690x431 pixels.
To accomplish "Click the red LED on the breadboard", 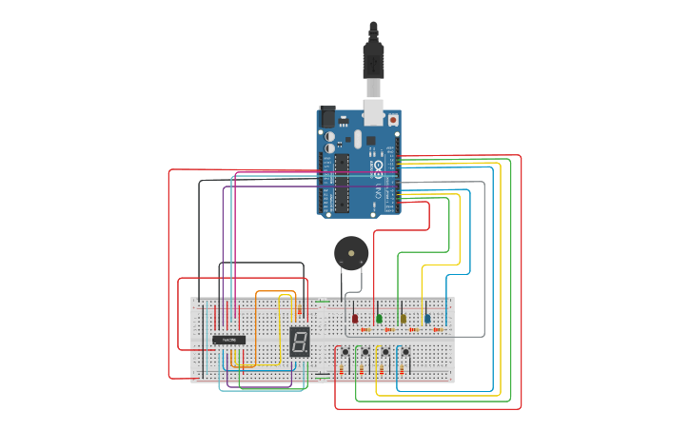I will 355,319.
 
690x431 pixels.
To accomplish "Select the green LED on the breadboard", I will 379,319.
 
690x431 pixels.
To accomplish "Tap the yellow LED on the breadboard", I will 403,319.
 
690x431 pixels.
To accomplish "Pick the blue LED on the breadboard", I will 426,319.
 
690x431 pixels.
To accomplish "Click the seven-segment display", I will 300,342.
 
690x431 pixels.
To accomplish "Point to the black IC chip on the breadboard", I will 228,340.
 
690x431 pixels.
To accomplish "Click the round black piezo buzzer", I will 348,254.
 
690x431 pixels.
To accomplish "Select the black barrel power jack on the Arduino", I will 327,117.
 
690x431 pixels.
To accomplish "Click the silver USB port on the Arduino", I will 374,113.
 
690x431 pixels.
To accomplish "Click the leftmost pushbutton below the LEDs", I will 344,353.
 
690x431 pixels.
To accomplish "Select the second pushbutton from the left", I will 365,353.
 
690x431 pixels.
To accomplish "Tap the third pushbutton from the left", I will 385,353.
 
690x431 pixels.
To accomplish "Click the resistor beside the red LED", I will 365,329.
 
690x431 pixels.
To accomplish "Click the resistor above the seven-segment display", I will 299,310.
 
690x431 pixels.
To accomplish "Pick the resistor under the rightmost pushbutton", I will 406,369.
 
